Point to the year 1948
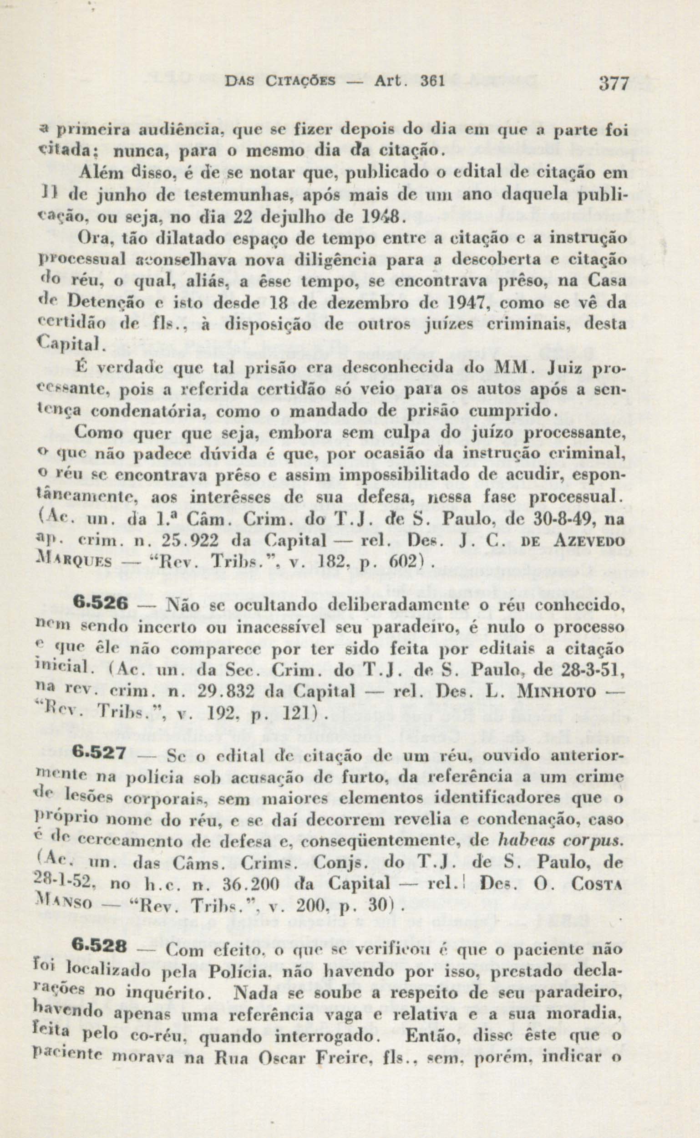point(382,217)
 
